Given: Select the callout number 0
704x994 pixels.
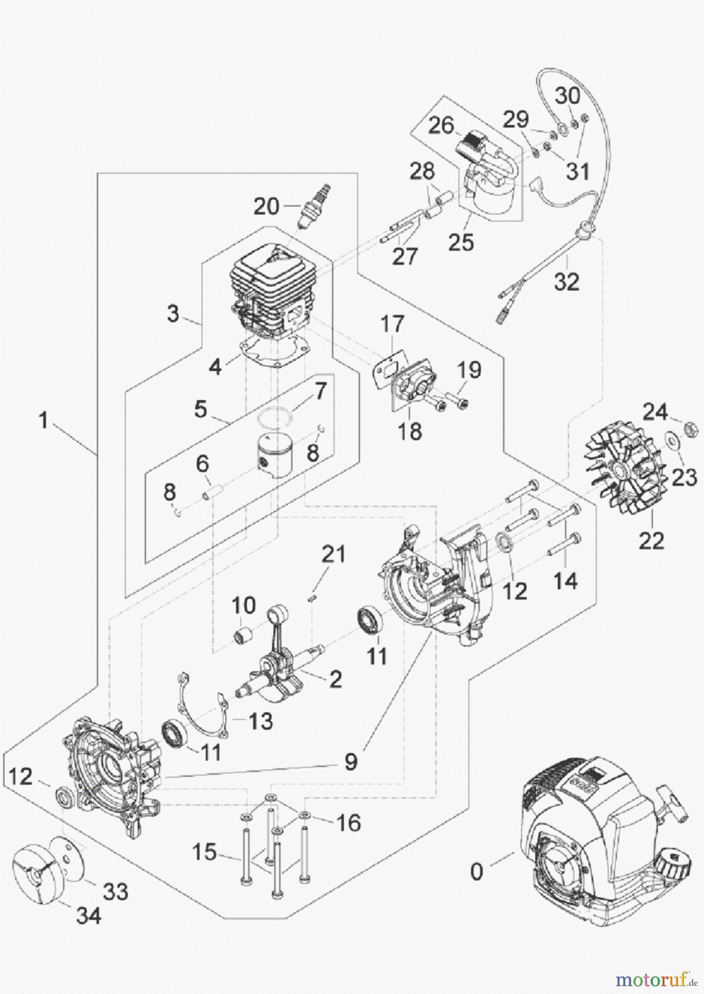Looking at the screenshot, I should point(476,872).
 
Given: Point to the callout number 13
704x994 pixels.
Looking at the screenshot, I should point(260,721).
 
